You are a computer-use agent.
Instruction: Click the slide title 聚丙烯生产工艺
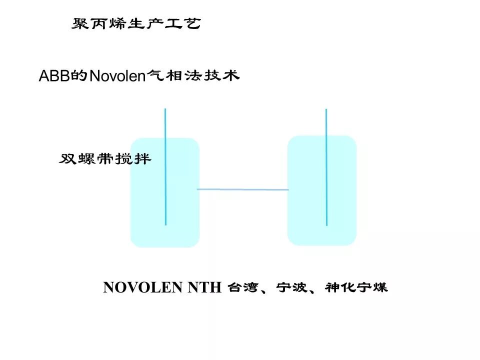click(x=136, y=24)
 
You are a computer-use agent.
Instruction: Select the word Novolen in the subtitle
click(x=116, y=76)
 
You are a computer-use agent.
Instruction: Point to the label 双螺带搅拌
click(x=105, y=159)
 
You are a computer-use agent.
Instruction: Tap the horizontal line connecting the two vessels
click(x=243, y=189)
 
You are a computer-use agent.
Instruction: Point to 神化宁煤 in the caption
click(x=356, y=288)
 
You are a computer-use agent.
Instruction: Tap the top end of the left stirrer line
click(x=165, y=109)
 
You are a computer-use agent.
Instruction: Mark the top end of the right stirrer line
click(x=326, y=110)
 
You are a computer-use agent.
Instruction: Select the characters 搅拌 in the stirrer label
click(x=136, y=159)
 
